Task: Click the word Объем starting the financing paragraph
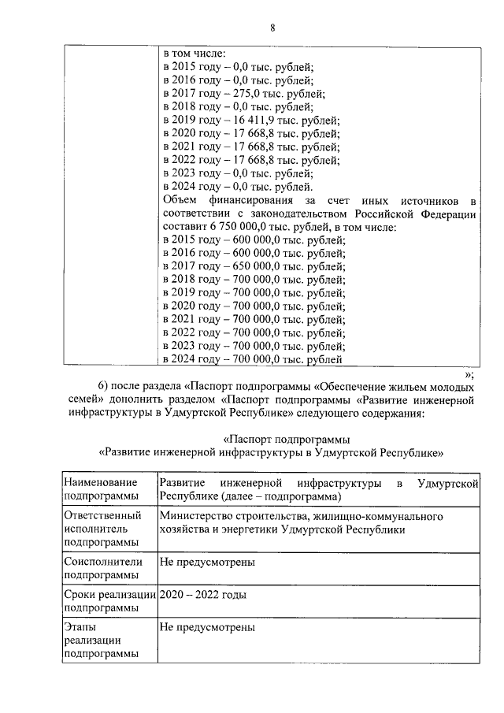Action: (181, 200)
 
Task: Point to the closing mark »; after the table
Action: (469, 374)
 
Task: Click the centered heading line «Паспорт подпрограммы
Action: (287, 439)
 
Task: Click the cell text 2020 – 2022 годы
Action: (202, 595)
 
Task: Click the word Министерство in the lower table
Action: (196, 516)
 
